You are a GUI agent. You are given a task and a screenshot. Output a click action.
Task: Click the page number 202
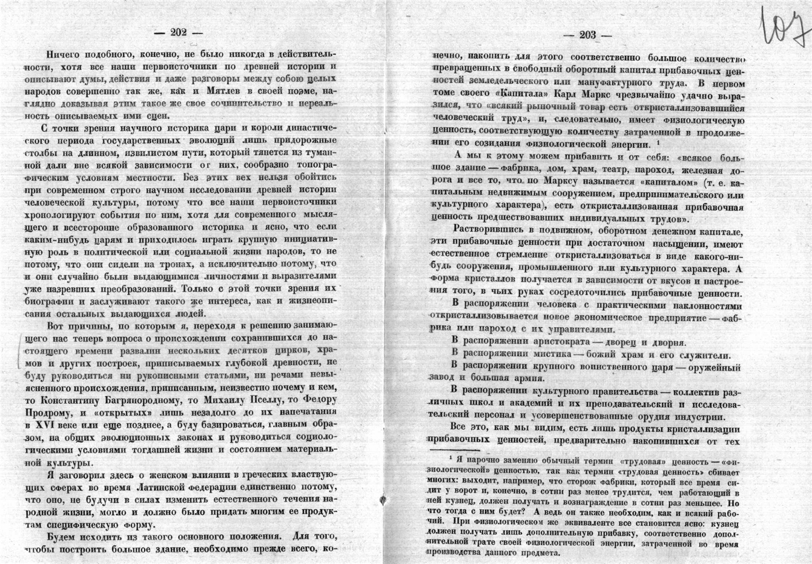pos(179,34)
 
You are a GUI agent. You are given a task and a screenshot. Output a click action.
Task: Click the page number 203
pos(587,35)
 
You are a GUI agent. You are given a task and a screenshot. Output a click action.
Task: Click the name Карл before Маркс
pos(561,95)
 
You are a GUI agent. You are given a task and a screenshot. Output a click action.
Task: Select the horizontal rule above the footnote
pos(454,450)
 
